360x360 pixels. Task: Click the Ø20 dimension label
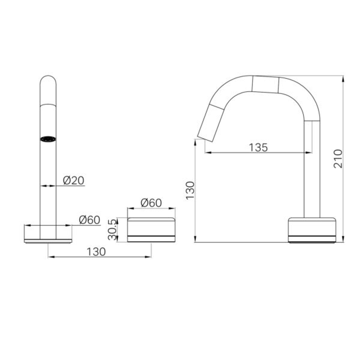pos(74,181)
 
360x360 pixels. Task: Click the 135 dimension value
pos(258,147)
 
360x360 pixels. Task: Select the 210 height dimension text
pos(338,159)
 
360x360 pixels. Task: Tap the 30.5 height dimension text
pos(113,230)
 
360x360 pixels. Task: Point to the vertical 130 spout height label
pos(190,190)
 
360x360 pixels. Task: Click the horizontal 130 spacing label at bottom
pos(96,252)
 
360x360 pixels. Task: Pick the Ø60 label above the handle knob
pos(151,203)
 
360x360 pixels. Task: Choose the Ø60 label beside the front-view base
pos(89,220)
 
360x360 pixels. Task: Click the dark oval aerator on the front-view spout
pos(48,139)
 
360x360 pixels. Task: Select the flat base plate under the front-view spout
pos(48,241)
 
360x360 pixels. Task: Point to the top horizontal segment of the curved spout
pos(265,84)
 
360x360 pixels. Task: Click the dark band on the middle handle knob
pos(151,236)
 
